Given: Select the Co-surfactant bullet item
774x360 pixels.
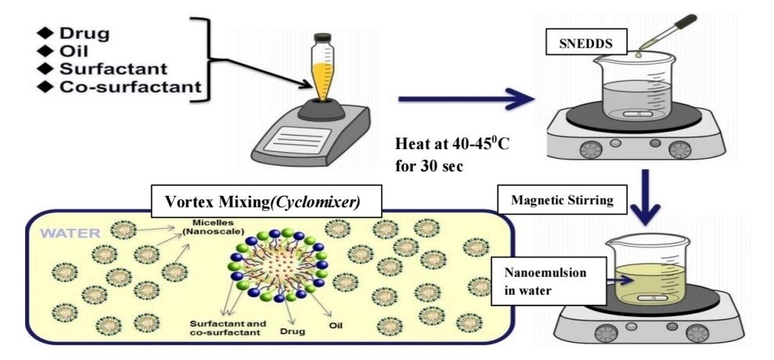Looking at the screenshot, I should click(130, 87).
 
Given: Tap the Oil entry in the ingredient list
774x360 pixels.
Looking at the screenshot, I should click(73, 51).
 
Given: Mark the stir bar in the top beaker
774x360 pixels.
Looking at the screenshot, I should click(630, 114).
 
